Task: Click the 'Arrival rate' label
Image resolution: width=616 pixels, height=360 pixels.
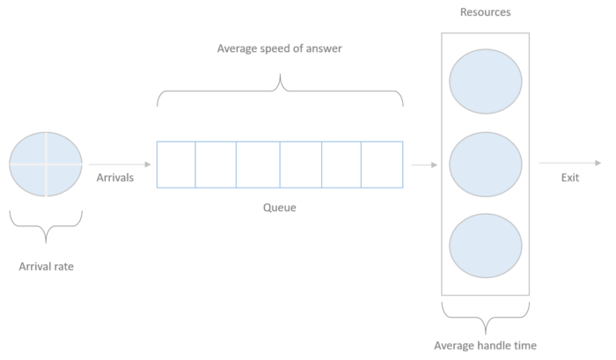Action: click(x=46, y=265)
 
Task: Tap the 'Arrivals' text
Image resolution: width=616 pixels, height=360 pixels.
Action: click(x=114, y=178)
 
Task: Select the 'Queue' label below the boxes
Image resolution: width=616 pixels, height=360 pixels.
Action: click(x=280, y=208)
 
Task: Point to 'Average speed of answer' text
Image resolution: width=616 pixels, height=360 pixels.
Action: click(x=279, y=48)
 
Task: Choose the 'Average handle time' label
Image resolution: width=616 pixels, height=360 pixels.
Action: click(x=485, y=345)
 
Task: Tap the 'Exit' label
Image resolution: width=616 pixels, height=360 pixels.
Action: click(x=570, y=178)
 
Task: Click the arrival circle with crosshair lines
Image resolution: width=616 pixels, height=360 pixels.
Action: click(x=46, y=164)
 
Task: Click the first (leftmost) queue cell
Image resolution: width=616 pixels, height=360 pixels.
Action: click(x=176, y=165)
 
